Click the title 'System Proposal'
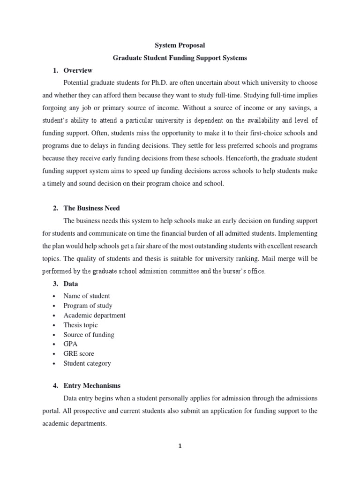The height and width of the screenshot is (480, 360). pyautogui.click(x=180, y=45)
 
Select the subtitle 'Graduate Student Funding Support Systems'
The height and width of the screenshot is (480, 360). pyautogui.click(x=180, y=58)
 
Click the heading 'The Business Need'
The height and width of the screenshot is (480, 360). pyautogui.click(x=92, y=208)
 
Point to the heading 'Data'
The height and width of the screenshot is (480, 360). pyautogui.click(x=71, y=284)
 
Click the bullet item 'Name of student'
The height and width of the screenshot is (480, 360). pyautogui.click(x=87, y=296)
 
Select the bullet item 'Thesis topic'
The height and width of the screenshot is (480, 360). pyautogui.click(x=81, y=325)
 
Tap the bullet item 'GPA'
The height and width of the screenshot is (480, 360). pyautogui.click(x=71, y=344)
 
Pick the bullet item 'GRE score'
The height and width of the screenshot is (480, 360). pyautogui.click(x=79, y=354)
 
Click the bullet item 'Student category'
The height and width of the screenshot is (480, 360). pyautogui.click(x=87, y=363)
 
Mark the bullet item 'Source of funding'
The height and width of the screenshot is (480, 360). pyautogui.click(x=89, y=335)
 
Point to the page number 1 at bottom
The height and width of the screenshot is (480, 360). pyautogui.click(x=180, y=446)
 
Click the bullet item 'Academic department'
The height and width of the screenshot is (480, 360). pyautogui.click(x=94, y=315)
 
